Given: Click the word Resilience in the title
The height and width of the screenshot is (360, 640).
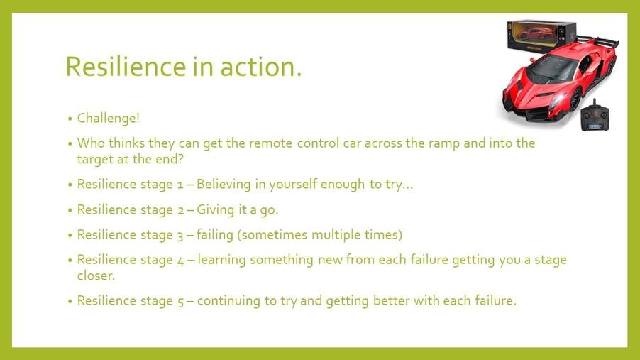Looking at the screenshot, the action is (126, 66).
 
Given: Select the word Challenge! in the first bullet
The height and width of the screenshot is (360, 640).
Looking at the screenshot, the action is (108, 118).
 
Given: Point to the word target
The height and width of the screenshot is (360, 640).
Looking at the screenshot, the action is (95, 159).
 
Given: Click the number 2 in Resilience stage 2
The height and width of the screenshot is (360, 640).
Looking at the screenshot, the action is (181, 210).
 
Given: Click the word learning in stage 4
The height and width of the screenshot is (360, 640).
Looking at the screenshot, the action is (221, 260).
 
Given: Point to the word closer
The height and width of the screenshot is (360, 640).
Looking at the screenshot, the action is (96, 276).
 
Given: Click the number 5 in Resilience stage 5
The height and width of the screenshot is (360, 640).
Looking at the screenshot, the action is (181, 302).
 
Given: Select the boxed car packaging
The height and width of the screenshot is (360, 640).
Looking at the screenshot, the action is (541, 35).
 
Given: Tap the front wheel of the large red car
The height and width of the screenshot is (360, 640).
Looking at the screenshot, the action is (575, 100).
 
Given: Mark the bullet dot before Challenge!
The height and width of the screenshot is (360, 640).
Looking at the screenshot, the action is (70, 119).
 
